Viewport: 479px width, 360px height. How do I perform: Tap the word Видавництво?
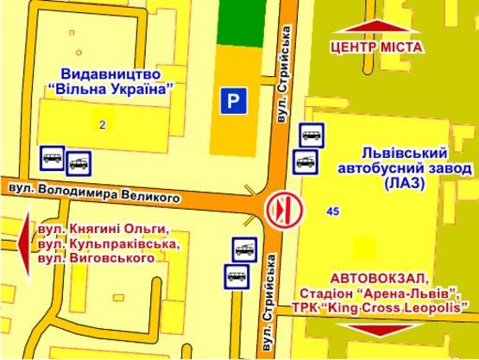click(107, 73)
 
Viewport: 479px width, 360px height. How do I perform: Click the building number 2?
click(102, 125)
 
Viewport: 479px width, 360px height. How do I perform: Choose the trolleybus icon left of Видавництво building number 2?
click(79, 161)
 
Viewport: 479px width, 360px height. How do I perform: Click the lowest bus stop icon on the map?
click(236, 276)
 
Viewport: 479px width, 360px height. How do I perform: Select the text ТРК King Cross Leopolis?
click(391, 306)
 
